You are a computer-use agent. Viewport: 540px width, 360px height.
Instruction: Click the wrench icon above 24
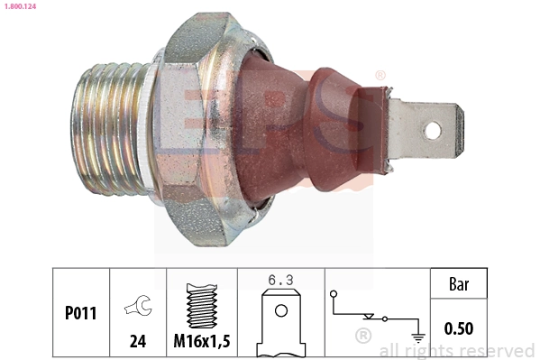coord(137,308)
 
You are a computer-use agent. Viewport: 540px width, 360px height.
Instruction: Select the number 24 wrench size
coord(137,342)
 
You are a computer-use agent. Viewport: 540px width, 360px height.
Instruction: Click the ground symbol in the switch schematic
coord(418,337)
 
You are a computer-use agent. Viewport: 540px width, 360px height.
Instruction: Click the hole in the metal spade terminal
coord(434,130)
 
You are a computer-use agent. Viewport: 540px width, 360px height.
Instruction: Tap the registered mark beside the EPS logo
coord(380,76)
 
